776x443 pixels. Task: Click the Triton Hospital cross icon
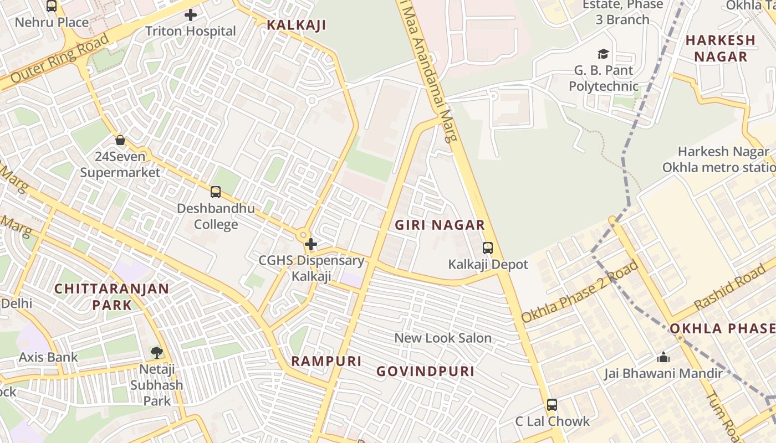pyautogui.click(x=191, y=15)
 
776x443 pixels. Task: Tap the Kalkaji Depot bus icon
pyautogui.click(x=488, y=248)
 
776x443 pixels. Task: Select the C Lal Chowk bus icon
pyautogui.click(x=552, y=405)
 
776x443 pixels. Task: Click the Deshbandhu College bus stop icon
pyautogui.click(x=216, y=192)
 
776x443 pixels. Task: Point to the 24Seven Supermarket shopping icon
pyautogui.click(x=120, y=140)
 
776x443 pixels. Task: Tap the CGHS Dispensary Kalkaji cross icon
pyautogui.click(x=311, y=244)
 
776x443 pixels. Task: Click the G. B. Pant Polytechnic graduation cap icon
pyautogui.click(x=603, y=54)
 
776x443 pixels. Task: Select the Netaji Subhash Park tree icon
pyautogui.click(x=157, y=352)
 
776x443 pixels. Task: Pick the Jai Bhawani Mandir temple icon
pyautogui.click(x=663, y=357)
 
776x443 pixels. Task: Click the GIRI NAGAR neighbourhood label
pyautogui.click(x=440, y=225)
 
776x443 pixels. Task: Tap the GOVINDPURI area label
pyautogui.click(x=426, y=371)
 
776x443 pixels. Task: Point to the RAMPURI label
pyautogui.click(x=326, y=361)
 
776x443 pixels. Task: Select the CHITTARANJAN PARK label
pyautogui.click(x=112, y=296)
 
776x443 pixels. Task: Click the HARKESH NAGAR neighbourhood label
pyautogui.click(x=721, y=48)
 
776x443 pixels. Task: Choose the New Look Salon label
pyautogui.click(x=443, y=338)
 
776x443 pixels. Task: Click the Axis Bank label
pyautogui.click(x=49, y=357)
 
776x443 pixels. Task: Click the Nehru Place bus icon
pyautogui.click(x=52, y=6)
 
